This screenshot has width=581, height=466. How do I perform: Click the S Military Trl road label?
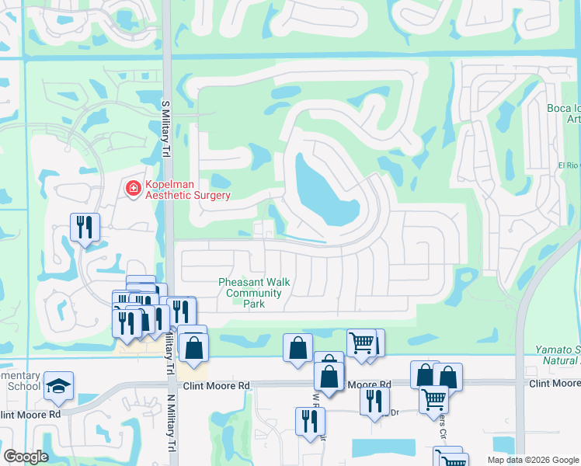click(x=165, y=130)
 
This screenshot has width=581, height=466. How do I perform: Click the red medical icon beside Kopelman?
click(x=133, y=189)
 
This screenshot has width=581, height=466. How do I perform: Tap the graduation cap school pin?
click(x=59, y=387)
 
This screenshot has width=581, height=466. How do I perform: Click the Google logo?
click(x=25, y=456)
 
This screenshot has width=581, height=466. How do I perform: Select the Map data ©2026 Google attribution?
click(x=533, y=460)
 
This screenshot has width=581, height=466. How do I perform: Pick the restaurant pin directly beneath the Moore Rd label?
click(x=374, y=400)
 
